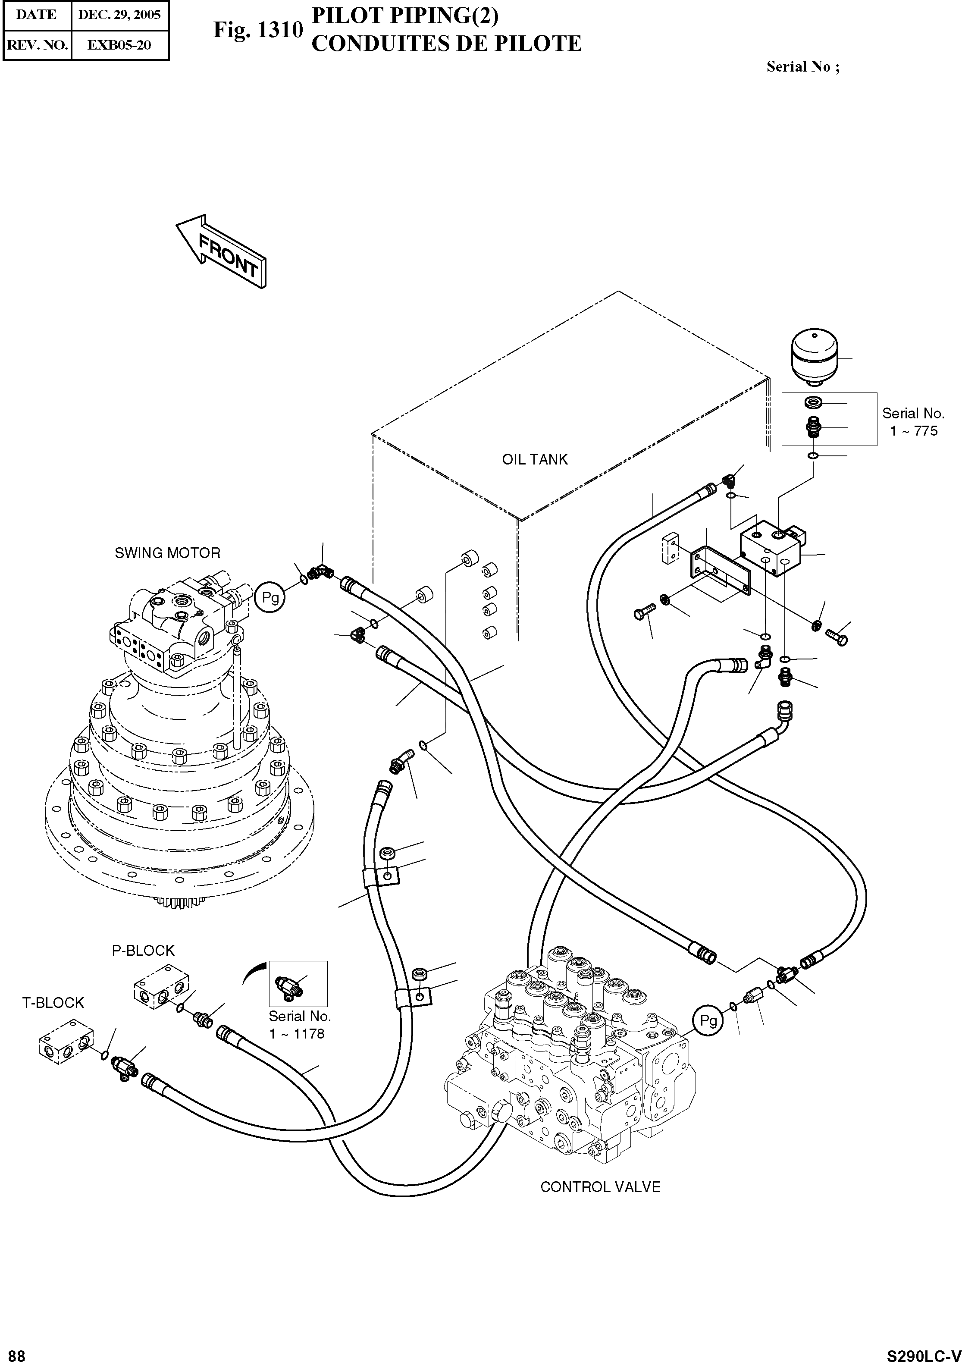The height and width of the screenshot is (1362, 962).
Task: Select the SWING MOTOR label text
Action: click(167, 553)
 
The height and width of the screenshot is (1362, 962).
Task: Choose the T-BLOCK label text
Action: click(53, 1002)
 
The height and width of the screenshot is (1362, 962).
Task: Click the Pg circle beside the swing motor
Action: click(270, 597)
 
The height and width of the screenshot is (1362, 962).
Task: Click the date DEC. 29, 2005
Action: click(119, 15)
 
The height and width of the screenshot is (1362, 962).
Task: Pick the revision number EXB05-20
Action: click(119, 45)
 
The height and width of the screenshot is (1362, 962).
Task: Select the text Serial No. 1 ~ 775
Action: click(913, 422)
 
